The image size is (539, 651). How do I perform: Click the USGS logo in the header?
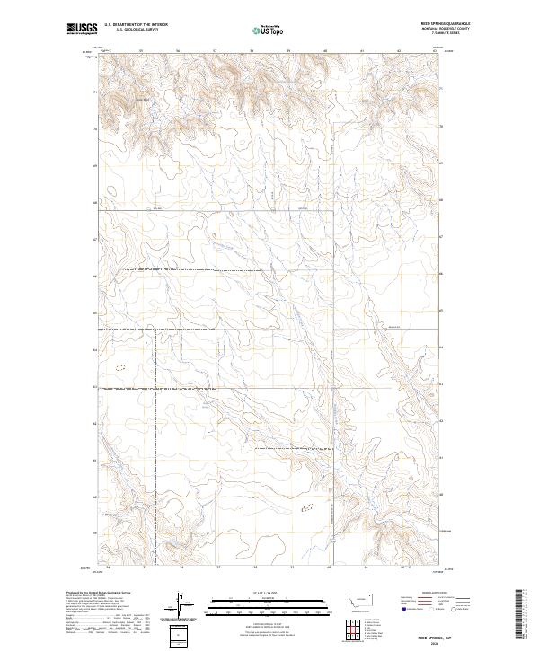point(82,29)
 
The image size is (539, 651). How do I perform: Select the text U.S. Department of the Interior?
point(136,26)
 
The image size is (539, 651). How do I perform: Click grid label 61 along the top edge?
point(362,51)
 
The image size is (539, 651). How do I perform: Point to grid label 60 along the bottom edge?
point(330,567)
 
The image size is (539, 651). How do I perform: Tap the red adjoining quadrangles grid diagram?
point(353,625)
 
